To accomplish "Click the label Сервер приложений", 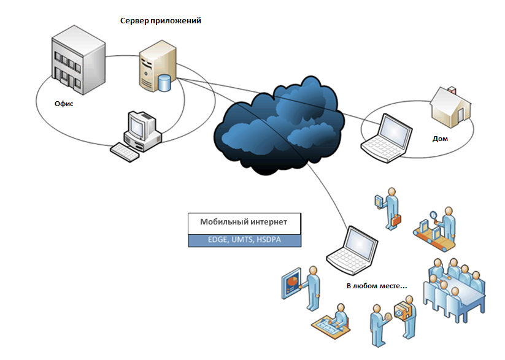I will click(x=161, y=21).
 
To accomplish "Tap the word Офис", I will click(x=64, y=104).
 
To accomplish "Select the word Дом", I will click(x=440, y=139).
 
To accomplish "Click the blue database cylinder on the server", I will click(x=164, y=82).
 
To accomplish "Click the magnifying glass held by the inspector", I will click(x=434, y=215).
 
